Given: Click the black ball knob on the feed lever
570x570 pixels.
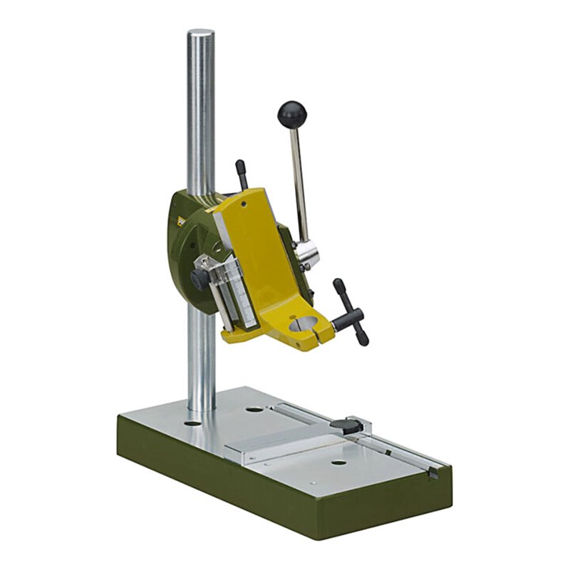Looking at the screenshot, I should click(291, 113).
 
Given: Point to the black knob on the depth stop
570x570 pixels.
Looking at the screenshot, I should click(200, 279).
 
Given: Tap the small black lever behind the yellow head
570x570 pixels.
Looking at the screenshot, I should click(242, 173).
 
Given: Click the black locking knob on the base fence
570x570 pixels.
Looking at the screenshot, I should click(345, 425).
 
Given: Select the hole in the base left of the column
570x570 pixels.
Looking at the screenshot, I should click(192, 423).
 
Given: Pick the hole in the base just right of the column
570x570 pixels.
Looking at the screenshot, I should click(254, 410).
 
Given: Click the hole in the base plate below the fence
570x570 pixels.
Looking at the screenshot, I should click(338, 462).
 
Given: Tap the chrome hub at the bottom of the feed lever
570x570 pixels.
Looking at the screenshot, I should click(306, 254).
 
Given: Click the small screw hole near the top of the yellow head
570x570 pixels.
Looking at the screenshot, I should click(244, 204).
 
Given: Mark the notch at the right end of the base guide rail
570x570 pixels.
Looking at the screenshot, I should click(433, 472).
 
